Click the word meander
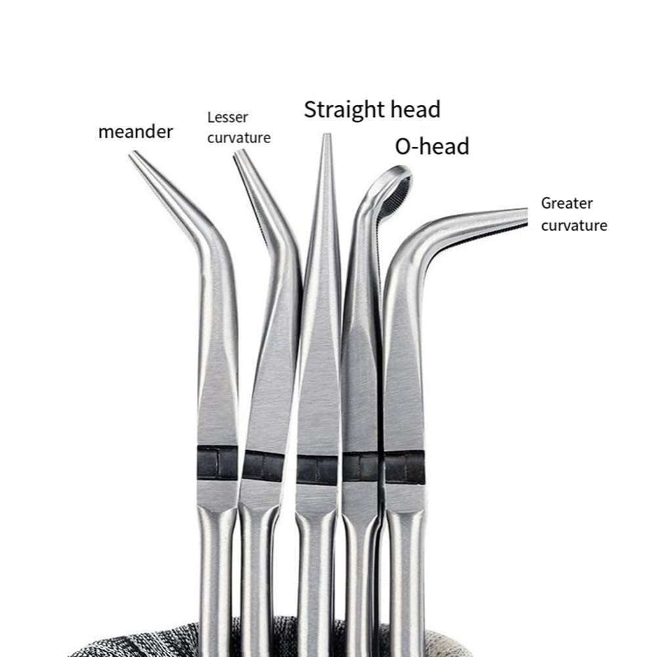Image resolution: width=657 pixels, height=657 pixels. (135, 131)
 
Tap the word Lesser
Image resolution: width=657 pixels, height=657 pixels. (228, 117)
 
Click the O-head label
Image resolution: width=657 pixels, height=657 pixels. (432, 146)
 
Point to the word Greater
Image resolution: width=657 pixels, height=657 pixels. (566, 203)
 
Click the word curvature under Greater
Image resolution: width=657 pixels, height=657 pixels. (574, 225)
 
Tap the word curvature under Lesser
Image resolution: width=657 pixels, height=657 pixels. (239, 138)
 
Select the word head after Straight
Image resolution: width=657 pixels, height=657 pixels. (415, 110)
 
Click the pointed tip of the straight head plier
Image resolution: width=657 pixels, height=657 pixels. (327, 135)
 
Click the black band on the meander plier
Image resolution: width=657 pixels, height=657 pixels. (217, 463)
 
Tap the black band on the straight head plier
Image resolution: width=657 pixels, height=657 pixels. (317, 469)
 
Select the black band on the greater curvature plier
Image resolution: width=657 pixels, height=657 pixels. (404, 467)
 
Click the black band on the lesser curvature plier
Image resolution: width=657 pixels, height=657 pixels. (264, 466)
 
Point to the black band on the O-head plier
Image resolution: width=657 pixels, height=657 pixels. (360, 467)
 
